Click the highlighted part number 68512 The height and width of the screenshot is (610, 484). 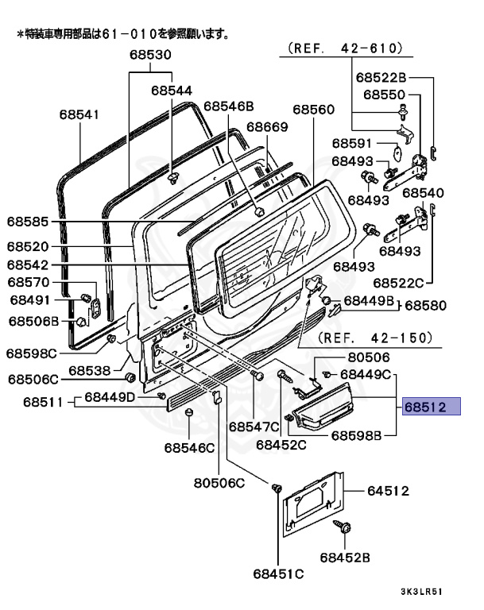point(431,407)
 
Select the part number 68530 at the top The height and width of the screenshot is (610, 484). point(151,55)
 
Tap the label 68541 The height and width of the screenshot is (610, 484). point(79,114)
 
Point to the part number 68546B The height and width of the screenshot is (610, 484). point(228,106)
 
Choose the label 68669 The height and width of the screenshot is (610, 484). point(266,126)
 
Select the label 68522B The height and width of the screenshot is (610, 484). point(381,77)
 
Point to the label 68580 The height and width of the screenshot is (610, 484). point(427,305)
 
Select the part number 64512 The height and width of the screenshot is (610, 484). point(388,491)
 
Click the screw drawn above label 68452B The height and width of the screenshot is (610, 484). point(347,527)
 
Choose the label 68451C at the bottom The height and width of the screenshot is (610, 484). point(278,573)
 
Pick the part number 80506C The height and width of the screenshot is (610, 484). point(219,482)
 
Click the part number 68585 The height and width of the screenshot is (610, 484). point(29,222)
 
